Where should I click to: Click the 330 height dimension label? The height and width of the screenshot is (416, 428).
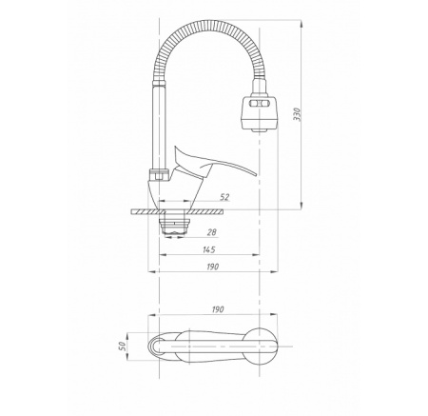[297, 114]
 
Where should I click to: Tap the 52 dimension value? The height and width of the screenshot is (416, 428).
[224, 197]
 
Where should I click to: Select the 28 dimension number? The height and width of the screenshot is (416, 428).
[212, 232]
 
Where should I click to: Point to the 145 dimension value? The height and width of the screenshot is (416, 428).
[208, 249]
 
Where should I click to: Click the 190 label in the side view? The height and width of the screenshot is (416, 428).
[213, 267]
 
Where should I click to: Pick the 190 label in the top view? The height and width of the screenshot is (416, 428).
[218, 309]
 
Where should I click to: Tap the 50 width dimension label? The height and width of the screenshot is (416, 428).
[122, 346]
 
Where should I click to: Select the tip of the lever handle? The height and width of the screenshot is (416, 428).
[255, 174]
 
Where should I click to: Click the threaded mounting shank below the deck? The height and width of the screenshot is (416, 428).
[174, 226]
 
